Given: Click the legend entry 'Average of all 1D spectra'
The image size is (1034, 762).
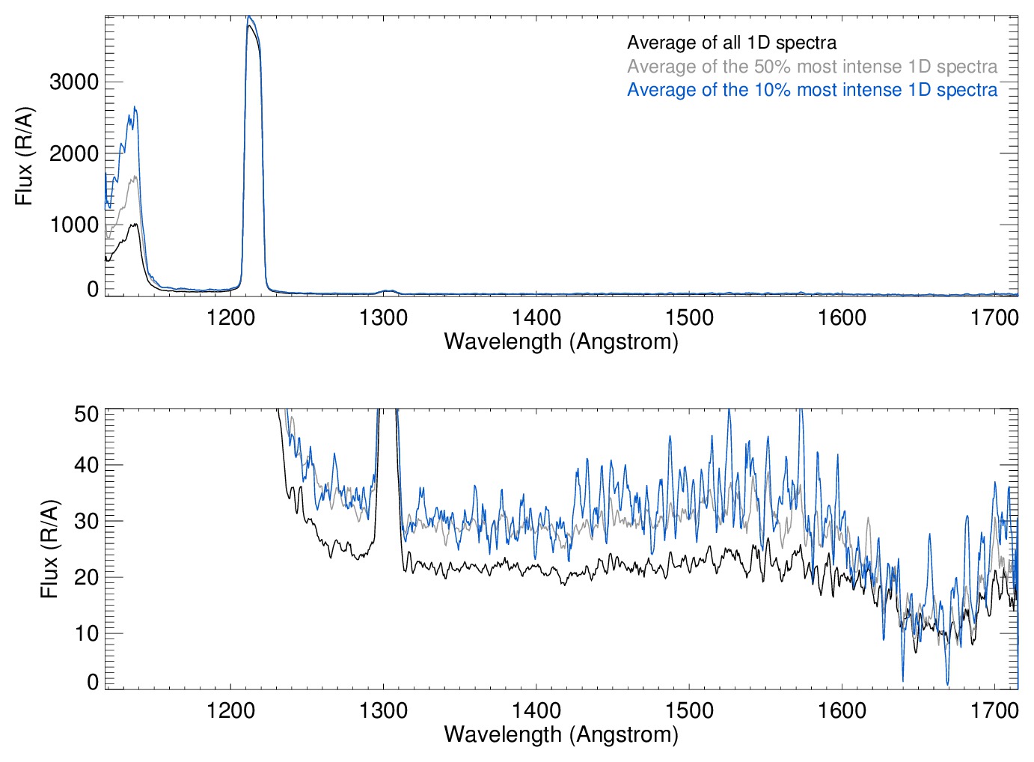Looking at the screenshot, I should pyautogui.click(x=731, y=43).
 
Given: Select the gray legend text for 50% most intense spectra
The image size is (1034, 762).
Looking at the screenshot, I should pyautogui.click(x=812, y=67).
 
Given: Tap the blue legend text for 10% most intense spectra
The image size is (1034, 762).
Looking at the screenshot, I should pyautogui.click(x=812, y=90).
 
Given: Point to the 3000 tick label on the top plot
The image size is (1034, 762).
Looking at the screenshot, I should pyautogui.click(x=74, y=82).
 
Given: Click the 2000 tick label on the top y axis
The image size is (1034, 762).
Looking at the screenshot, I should pyautogui.click(x=74, y=153).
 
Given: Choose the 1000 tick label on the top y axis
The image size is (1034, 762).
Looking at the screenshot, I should pyautogui.click(x=74, y=225).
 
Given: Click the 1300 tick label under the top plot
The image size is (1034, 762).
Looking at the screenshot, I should pyautogui.click(x=383, y=317).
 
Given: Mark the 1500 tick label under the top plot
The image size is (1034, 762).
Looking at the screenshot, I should pyautogui.click(x=689, y=317).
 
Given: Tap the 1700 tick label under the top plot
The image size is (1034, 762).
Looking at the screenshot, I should pyautogui.click(x=994, y=317).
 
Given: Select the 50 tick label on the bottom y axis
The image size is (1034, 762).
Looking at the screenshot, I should pyautogui.click(x=87, y=413).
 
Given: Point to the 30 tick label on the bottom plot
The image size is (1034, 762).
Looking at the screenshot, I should pyautogui.click(x=87, y=521).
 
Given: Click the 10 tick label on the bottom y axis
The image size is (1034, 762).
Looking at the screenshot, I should pyautogui.click(x=87, y=633).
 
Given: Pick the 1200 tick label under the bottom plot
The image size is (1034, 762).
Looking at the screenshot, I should pyautogui.click(x=230, y=710).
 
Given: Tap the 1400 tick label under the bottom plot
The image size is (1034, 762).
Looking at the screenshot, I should pyautogui.click(x=536, y=710).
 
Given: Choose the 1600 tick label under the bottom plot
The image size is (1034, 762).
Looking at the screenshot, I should pyautogui.click(x=842, y=710).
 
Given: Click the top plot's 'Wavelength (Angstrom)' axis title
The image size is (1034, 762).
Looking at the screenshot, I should pyautogui.click(x=561, y=341).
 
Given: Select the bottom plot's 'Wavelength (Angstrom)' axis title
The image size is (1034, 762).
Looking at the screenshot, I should pyautogui.click(x=561, y=734).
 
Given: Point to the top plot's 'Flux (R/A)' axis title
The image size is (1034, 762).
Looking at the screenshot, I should pyautogui.click(x=25, y=156).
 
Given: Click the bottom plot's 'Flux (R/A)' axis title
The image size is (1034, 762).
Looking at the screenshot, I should pyautogui.click(x=49, y=549).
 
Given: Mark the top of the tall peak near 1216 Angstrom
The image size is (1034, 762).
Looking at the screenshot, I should pyautogui.click(x=250, y=16).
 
